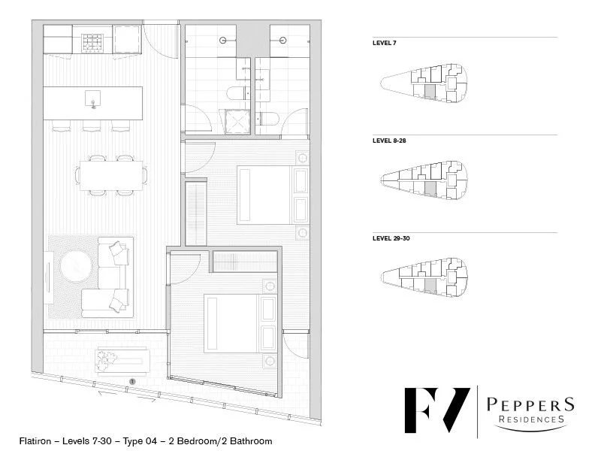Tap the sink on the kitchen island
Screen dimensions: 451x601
tap(92, 99)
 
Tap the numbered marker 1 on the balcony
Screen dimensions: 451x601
tap(132, 382)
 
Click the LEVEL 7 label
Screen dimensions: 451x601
tap(384, 44)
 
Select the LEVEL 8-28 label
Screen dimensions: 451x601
tap(388, 141)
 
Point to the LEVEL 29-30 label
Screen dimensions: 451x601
tap(391, 238)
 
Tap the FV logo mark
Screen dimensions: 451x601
tap(436, 410)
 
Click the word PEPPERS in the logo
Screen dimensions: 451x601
tap(530, 405)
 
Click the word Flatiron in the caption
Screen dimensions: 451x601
tap(37, 441)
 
